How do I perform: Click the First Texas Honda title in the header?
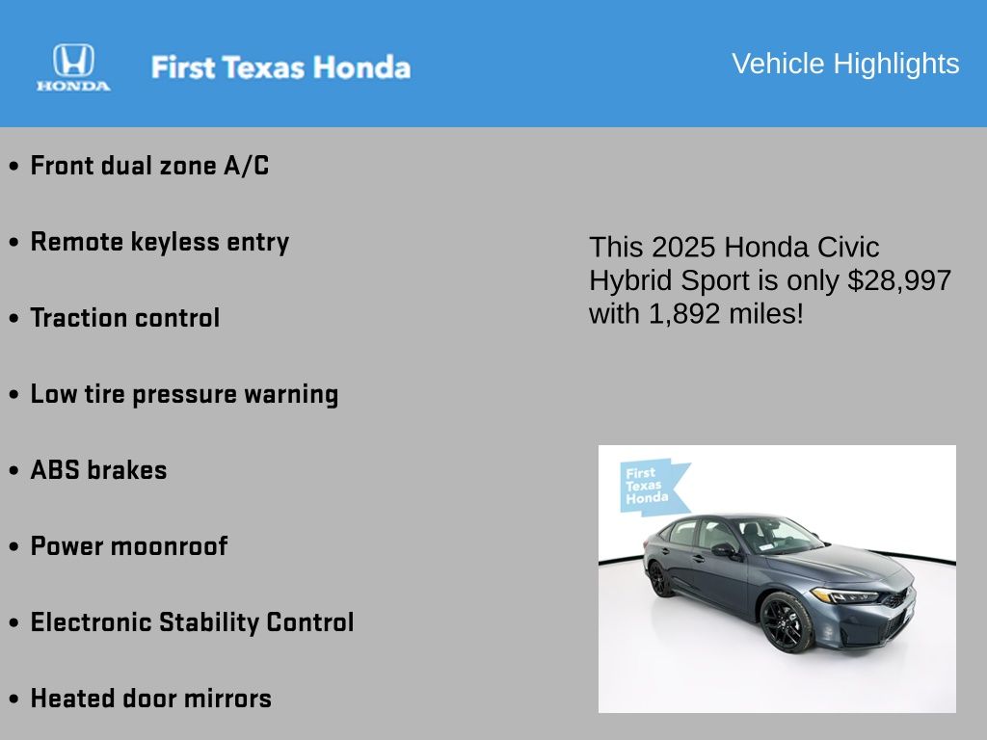tap(280, 67)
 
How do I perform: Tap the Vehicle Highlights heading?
tap(845, 64)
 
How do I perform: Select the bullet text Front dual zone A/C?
tap(149, 166)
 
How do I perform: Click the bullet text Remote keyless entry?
tap(160, 242)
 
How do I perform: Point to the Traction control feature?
tap(125, 318)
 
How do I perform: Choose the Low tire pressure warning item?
tap(184, 394)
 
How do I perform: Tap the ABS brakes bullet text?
tap(99, 470)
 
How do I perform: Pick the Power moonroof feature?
tap(129, 546)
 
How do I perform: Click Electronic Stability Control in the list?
tap(192, 622)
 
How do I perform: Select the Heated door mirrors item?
tap(151, 699)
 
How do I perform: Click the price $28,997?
tap(899, 280)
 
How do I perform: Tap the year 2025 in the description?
tap(683, 248)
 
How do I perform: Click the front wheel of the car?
tap(787, 621)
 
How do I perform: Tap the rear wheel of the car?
tap(659, 579)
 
